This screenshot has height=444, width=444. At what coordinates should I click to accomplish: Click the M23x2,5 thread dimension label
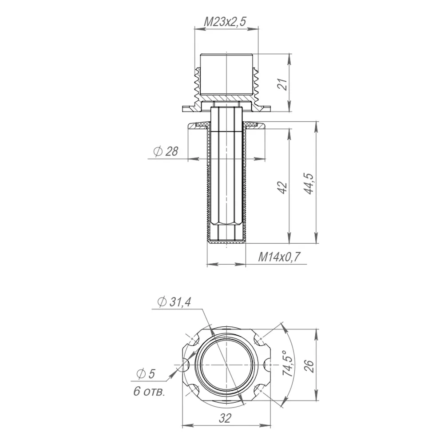pos(225,21)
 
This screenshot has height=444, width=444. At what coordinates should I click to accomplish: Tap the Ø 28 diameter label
pos(166,151)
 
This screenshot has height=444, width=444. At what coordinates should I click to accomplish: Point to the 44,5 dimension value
pos(309,183)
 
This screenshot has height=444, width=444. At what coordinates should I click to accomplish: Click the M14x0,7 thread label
pos(279,257)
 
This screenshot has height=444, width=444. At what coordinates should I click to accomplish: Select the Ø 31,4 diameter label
pos(174,302)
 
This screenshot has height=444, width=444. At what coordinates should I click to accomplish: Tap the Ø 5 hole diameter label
pos(146,374)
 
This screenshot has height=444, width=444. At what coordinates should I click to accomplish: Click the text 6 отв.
pos(149,392)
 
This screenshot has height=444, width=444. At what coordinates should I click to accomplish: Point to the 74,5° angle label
pos(288,364)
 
